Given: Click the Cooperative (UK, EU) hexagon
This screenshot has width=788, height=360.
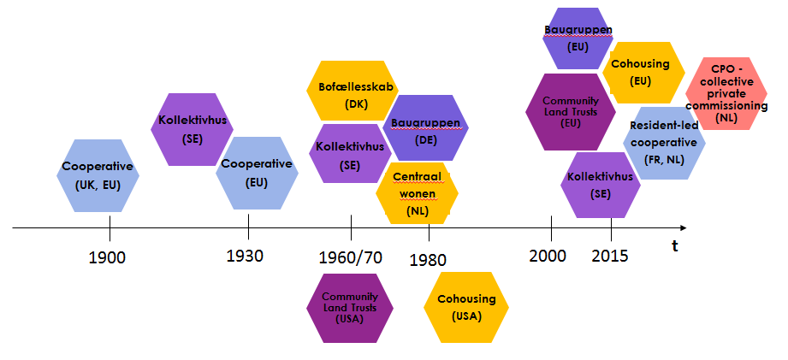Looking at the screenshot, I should [x=98, y=174].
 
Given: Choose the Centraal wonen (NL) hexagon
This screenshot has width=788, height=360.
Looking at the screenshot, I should [x=416, y=192].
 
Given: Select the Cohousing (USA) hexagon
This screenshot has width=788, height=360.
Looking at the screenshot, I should [x=467, y=306].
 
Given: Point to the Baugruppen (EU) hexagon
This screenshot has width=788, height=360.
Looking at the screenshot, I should [x=578, y=38].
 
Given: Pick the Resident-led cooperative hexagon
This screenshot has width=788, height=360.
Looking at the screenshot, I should [x=664, y=143].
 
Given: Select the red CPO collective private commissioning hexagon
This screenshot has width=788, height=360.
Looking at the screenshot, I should [x=732, y=93].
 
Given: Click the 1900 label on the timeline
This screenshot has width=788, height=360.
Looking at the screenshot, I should [x=107, y=257].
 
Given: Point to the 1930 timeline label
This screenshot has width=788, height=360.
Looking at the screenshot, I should [x=245, y=256].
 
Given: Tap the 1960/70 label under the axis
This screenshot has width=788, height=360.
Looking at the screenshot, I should [x=350, y=257].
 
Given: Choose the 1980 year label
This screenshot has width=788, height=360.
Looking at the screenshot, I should [x=428, y=259].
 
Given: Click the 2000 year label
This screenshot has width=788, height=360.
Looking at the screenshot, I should [x=548, y=255].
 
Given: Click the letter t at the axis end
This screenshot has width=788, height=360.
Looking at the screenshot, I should [x=674, y=247].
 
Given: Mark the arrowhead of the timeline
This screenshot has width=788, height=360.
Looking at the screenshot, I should [x=682, y=227].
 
